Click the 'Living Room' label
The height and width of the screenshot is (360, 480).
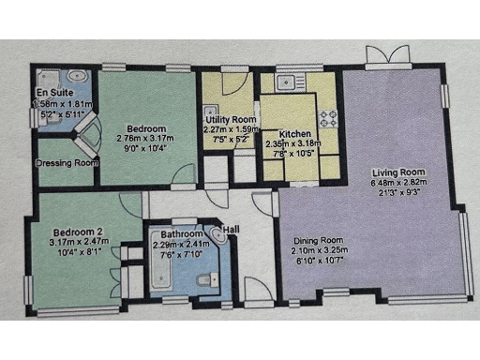tap(399, 172)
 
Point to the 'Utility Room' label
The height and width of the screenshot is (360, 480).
tap(231, 120)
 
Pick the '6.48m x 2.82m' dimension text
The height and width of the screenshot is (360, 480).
tap(399, 184)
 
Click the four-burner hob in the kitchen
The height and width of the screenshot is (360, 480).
tap(329, 119)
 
